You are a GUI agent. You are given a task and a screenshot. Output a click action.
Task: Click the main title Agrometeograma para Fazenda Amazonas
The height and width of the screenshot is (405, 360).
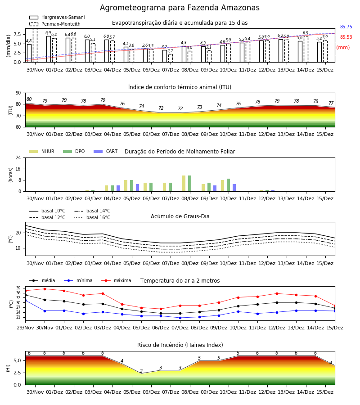coord(180,8)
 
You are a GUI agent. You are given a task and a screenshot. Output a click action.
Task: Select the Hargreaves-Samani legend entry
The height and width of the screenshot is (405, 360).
coord(57,17)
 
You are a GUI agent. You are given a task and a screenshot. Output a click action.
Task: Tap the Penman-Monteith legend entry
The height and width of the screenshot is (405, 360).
coord(55,24)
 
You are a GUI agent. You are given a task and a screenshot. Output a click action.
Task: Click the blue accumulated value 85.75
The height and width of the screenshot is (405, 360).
coord(346,27)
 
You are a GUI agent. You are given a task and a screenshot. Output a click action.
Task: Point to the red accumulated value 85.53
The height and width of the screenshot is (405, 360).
coord(346,37)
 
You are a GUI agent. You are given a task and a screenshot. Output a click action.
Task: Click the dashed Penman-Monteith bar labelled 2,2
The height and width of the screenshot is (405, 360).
coord(171,58)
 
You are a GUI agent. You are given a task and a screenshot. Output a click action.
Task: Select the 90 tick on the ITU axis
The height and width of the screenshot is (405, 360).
coord(18,93)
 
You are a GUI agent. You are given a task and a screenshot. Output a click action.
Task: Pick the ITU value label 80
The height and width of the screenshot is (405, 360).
coord(29,99)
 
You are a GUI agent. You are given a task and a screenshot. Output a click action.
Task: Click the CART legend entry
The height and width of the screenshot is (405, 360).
coord(105,151)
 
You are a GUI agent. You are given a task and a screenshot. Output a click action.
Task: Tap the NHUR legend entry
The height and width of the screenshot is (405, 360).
coord(42,151)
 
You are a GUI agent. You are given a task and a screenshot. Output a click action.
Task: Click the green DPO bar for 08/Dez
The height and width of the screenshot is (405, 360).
coord(190,184)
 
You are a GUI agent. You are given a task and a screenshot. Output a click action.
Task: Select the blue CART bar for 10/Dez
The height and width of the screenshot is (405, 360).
coord(234,188)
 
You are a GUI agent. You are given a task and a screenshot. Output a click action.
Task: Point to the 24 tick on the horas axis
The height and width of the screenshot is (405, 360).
coord(18,157)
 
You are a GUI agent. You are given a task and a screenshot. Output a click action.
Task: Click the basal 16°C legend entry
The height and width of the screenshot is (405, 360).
coord(92,217)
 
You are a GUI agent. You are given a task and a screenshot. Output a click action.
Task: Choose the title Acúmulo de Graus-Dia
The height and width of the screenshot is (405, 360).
coord(180,216)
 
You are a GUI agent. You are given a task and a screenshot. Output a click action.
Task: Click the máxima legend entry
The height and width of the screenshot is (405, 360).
coord(116,280)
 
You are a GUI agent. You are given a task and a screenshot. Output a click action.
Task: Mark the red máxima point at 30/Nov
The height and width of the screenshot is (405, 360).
coord(45,289)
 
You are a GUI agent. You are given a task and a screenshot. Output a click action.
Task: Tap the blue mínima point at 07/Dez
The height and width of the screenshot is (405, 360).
coord(180,318)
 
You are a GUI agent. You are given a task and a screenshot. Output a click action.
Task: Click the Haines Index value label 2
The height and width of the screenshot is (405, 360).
coord(141,371)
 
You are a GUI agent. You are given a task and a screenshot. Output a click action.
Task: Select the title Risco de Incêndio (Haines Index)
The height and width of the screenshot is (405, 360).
coord(180,345)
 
